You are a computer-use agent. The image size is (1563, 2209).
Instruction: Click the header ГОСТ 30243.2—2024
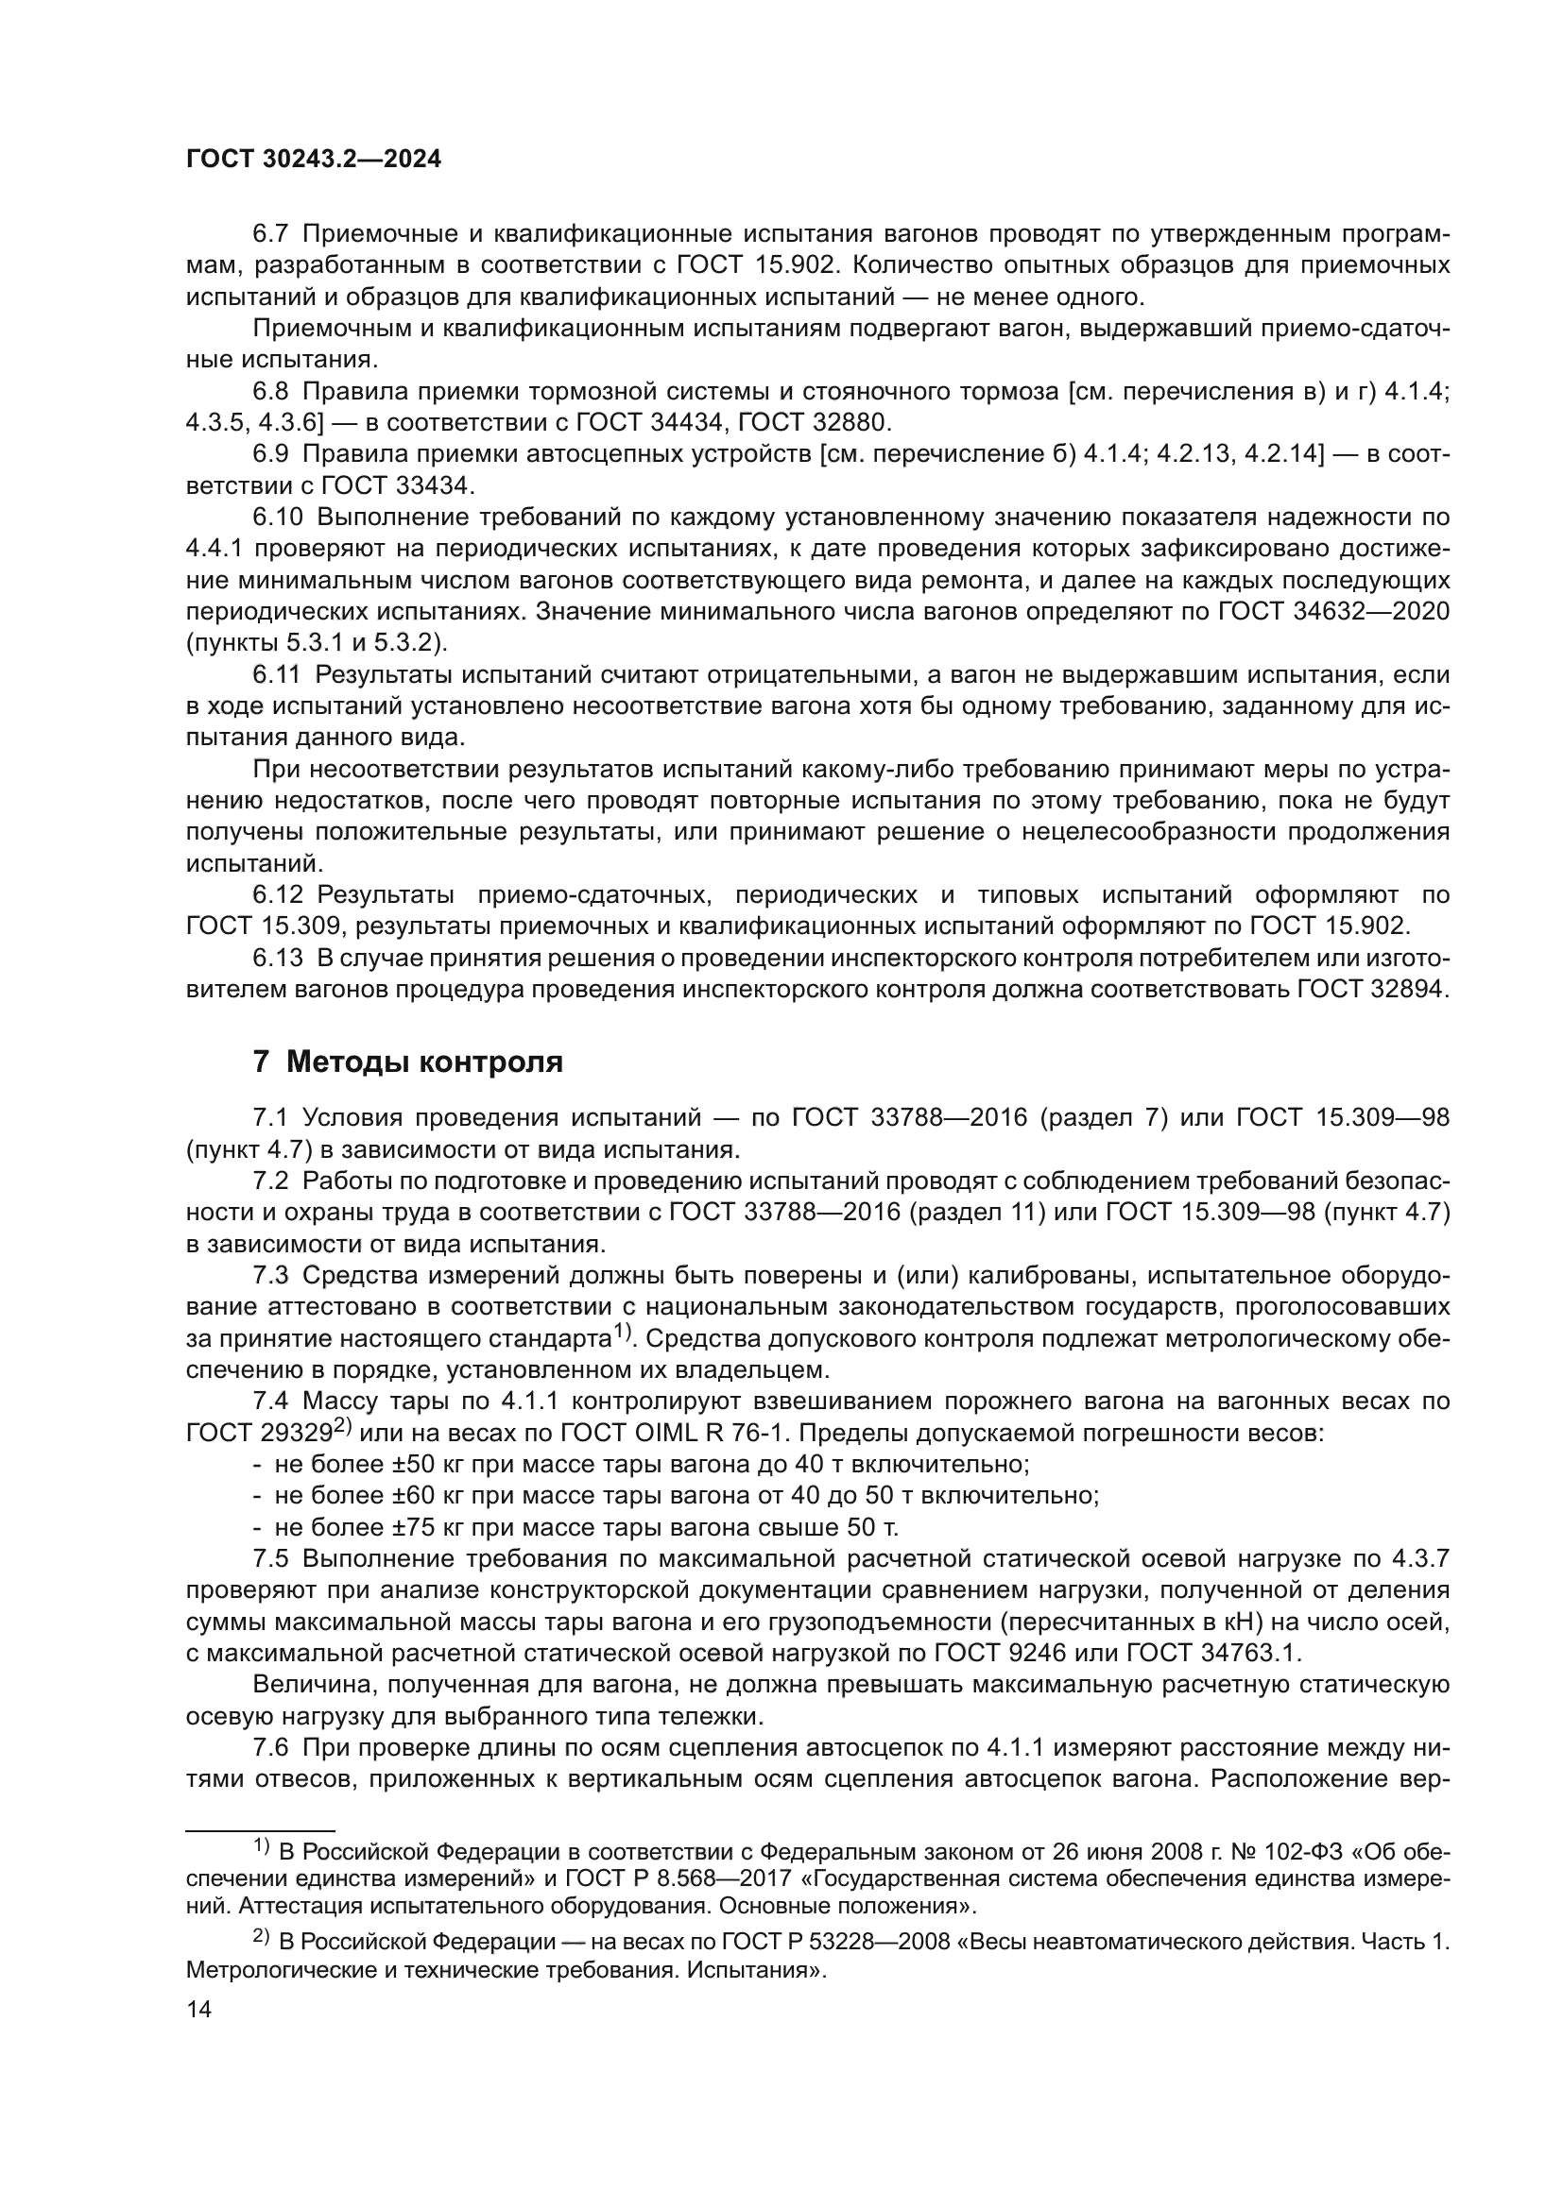point(313,161)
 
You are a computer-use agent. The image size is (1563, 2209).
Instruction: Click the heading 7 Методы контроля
point(407,1062)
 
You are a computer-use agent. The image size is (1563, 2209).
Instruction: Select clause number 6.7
point(271,234)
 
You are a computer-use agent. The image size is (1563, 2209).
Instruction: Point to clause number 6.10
point(278,518)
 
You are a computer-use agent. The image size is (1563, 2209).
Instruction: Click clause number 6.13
point(278,959)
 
